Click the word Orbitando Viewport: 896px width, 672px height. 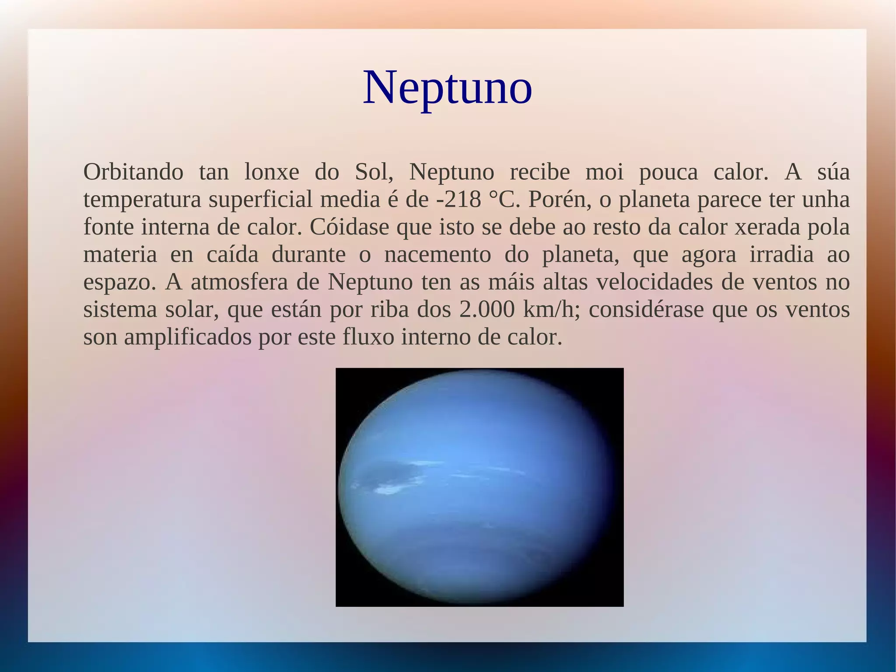coord(133,172)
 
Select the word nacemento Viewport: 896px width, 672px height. coord(437,255)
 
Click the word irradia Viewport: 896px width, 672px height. coord(781,255)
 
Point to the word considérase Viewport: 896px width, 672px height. coord(646,310)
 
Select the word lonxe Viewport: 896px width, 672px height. coord(271,172)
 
